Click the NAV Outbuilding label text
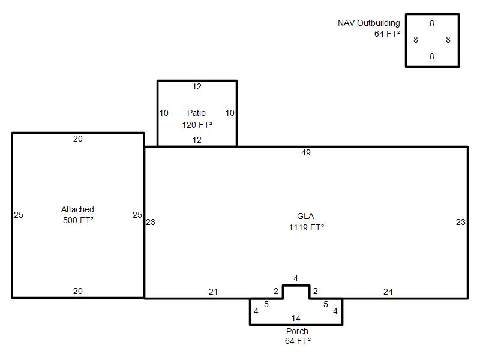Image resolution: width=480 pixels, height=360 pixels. coord(369,23)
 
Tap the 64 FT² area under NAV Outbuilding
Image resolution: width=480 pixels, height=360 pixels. coord(387,34)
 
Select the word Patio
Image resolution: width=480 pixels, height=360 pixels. coord(196,113)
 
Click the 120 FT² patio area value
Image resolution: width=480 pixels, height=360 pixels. coord(197,125)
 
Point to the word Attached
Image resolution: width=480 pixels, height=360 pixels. coord(77,209)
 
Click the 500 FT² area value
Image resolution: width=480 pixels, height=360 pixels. coord(78,220)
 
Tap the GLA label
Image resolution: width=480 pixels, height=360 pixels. coord(305,216)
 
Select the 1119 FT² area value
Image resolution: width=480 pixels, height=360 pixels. coord(306,227)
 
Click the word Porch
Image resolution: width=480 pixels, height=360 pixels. coord(297,331)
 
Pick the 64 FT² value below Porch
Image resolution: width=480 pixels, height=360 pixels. coord(298,341)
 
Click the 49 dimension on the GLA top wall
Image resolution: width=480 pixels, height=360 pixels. coord(306,152)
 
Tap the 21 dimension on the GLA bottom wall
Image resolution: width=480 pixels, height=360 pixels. coord(214,292)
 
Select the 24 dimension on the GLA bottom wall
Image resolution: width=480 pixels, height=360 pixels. coord(388,292)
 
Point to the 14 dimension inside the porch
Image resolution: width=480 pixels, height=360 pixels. coord(296,318)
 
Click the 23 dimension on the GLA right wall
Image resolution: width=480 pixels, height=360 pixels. coord(460,222)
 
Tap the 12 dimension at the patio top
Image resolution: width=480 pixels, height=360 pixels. coord(197,86)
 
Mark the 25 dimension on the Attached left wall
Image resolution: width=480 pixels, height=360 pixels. coord(19,215)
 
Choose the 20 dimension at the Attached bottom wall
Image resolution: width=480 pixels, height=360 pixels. coord(78,291)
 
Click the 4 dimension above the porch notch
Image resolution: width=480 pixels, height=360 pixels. coord(296,278)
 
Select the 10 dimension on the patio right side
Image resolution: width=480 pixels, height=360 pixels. coord(230,113)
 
